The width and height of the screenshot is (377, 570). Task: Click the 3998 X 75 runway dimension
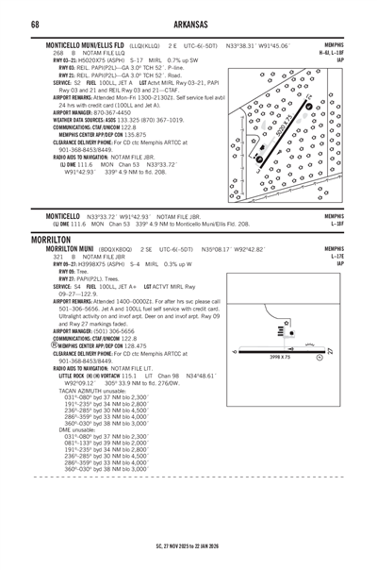point(284,382)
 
